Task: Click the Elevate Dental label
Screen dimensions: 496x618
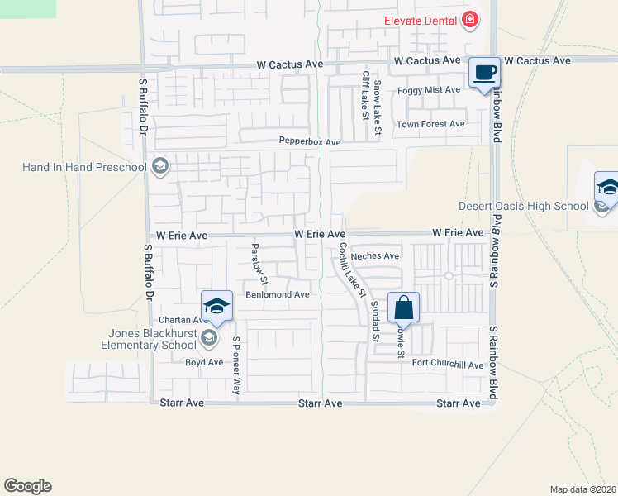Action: (419, 20)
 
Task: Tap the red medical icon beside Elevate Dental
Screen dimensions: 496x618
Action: (470, 19)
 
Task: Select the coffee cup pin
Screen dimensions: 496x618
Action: (485, 74)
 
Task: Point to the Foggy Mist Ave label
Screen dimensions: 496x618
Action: (429, 89)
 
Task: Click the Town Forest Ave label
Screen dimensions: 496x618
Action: (430, 124)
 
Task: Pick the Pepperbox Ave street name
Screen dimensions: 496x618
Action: (310, 142)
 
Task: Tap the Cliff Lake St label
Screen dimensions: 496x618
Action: (364, 95)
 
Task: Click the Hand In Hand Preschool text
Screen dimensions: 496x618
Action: (84, 168)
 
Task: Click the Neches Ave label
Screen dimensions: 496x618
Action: (375, 256)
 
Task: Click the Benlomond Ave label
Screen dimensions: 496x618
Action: (278, 294)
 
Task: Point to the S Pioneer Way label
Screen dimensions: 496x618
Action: (236, 365)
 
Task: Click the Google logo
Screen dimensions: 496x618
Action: (27, 486)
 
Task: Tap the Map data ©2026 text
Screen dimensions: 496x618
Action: (583, 489)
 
